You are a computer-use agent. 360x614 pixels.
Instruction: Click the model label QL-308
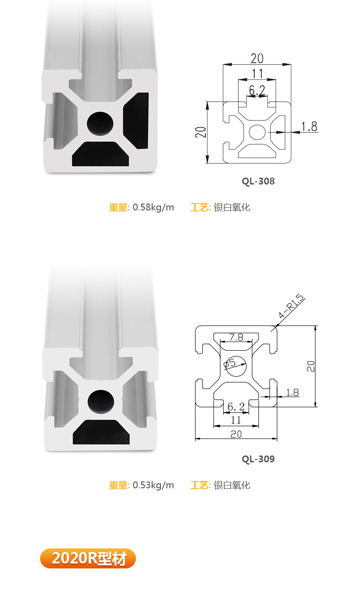tap(258, 181)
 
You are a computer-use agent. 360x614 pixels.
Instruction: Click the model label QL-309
tap(258, 459)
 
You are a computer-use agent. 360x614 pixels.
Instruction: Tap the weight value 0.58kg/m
tap(153, 208)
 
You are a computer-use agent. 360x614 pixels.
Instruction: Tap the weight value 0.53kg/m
tap(153, 485)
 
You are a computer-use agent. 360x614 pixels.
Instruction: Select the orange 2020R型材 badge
tap(88, 558)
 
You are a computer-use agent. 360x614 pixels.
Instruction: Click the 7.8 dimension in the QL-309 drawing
tap(236, 338)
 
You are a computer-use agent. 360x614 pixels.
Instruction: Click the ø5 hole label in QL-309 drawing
tap(230, 363)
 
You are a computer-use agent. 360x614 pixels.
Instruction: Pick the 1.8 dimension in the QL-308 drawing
tap(309, 126)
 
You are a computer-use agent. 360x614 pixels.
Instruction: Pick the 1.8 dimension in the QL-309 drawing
tap(292, 392)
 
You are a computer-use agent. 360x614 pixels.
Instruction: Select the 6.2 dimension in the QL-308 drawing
tap(257, 90)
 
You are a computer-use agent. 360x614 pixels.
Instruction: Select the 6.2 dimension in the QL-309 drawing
tap(236, 406)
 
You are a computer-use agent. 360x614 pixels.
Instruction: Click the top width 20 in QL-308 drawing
tap(257, 58)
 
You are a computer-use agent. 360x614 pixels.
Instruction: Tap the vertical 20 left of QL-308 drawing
tap(201, 132)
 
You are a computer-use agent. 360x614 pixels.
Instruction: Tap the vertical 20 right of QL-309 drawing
tap(310, 366)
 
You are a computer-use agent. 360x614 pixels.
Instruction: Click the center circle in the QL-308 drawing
tap(257, 133)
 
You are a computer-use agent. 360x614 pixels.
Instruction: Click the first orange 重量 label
tap(119, 208)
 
